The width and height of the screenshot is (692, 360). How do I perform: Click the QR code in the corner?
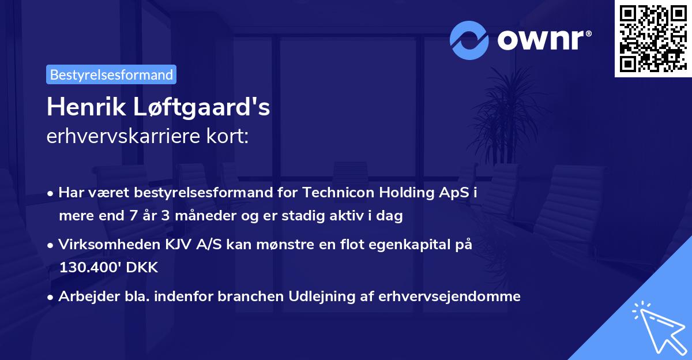653,38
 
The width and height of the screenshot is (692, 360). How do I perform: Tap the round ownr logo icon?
469,40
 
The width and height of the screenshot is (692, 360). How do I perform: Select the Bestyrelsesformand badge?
111,74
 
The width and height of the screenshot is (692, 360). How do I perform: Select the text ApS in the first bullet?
454,192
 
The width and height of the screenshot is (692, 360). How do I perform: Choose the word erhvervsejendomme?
450,297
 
